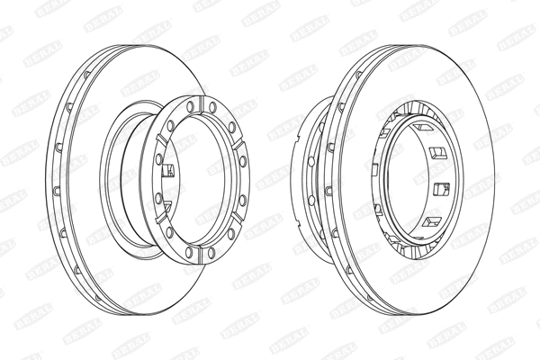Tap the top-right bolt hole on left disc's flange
pyautogui.click(x=212, y=108)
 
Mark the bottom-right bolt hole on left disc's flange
pyautogui.click(x=212, y=254)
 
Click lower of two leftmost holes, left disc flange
pyautogui.click(x=161, y=196)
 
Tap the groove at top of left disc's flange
pyautogui.click(x=202, y=104)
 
